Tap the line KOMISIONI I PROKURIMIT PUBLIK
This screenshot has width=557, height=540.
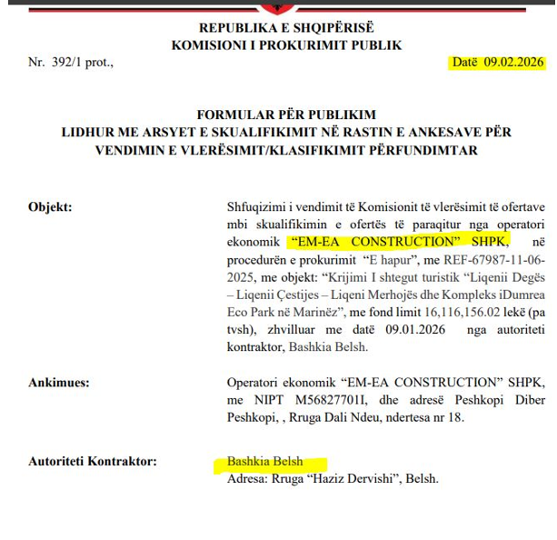click(x=286, y=45)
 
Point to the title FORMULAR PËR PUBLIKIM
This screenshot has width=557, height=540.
click(x=286, y=115)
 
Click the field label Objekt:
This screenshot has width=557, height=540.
click(x=50, y=206)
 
